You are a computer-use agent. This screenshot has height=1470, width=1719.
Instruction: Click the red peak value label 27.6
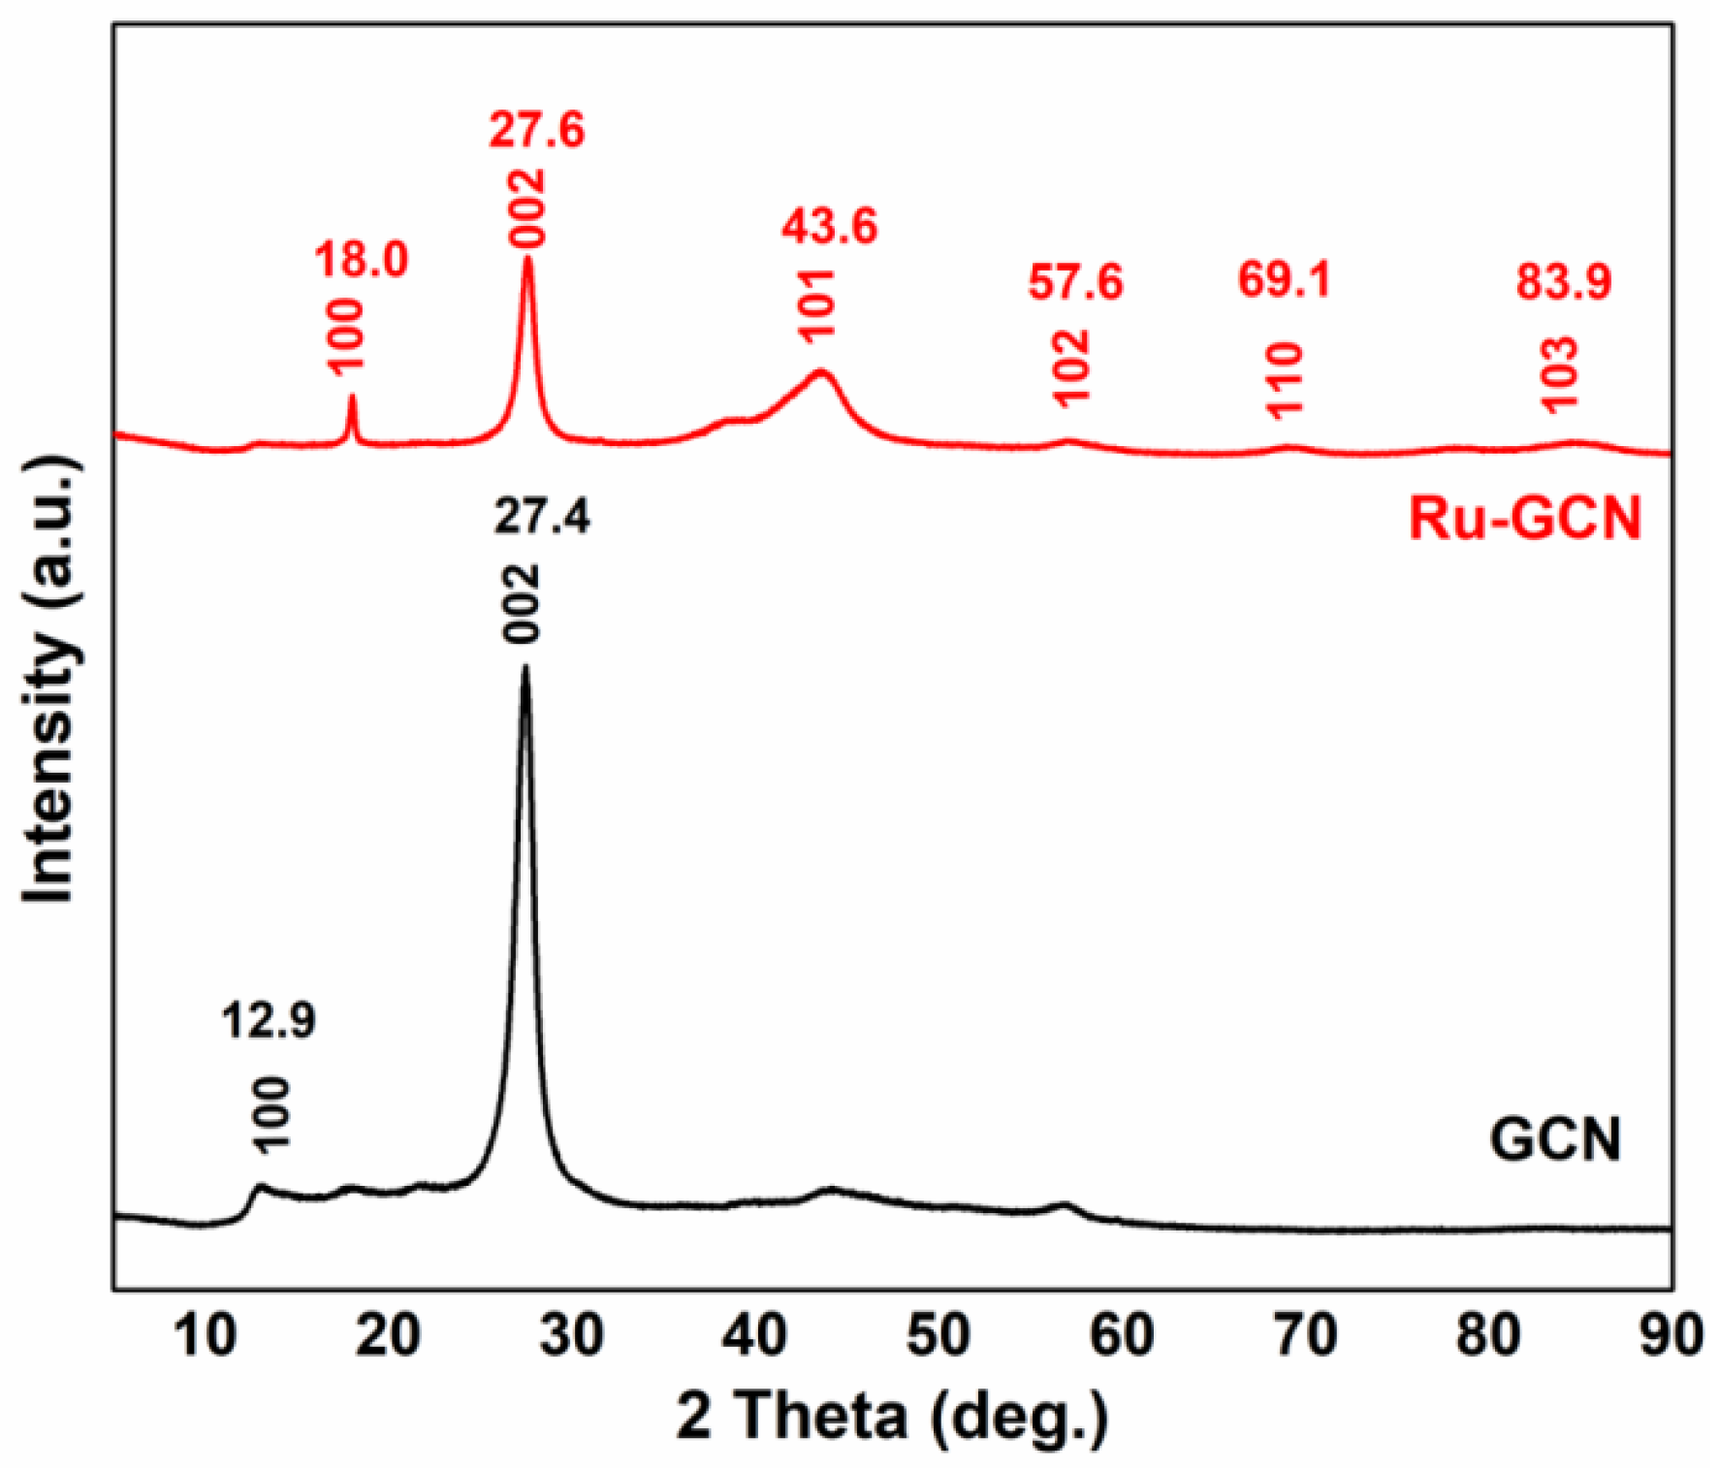pyautogui.click(x=537, y=130)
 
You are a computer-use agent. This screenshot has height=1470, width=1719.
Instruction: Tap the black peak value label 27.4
pyautogui.click(x=541, y=518)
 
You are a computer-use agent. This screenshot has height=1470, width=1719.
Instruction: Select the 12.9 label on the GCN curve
pyautogui.click(x=269, y=1020)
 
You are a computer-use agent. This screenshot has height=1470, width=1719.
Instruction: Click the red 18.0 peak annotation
pyautogui.click(x=361, y=260)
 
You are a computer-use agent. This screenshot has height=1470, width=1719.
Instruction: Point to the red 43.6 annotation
pyautogui.click(x=829, y=226)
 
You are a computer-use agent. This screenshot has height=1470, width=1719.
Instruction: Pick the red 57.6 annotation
pyautogui.click(x=1075, y=282)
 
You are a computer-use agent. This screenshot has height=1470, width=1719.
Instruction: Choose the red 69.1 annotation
pyautogui.click(x=1285, y=280)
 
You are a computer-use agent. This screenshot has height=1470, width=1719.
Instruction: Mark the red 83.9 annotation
pyautogui.click(x=1564, y=282)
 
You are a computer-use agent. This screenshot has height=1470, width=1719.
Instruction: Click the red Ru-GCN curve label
pyautogui.click(x=1524, y=518)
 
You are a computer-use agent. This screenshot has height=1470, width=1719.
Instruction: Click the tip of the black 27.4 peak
pyautogui.click(x=525, y=667)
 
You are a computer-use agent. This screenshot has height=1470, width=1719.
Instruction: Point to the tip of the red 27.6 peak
pyautogui.click(x=527, y=258)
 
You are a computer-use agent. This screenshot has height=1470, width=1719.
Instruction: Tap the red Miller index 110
pyautogui.click(x=1285, y=380)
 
